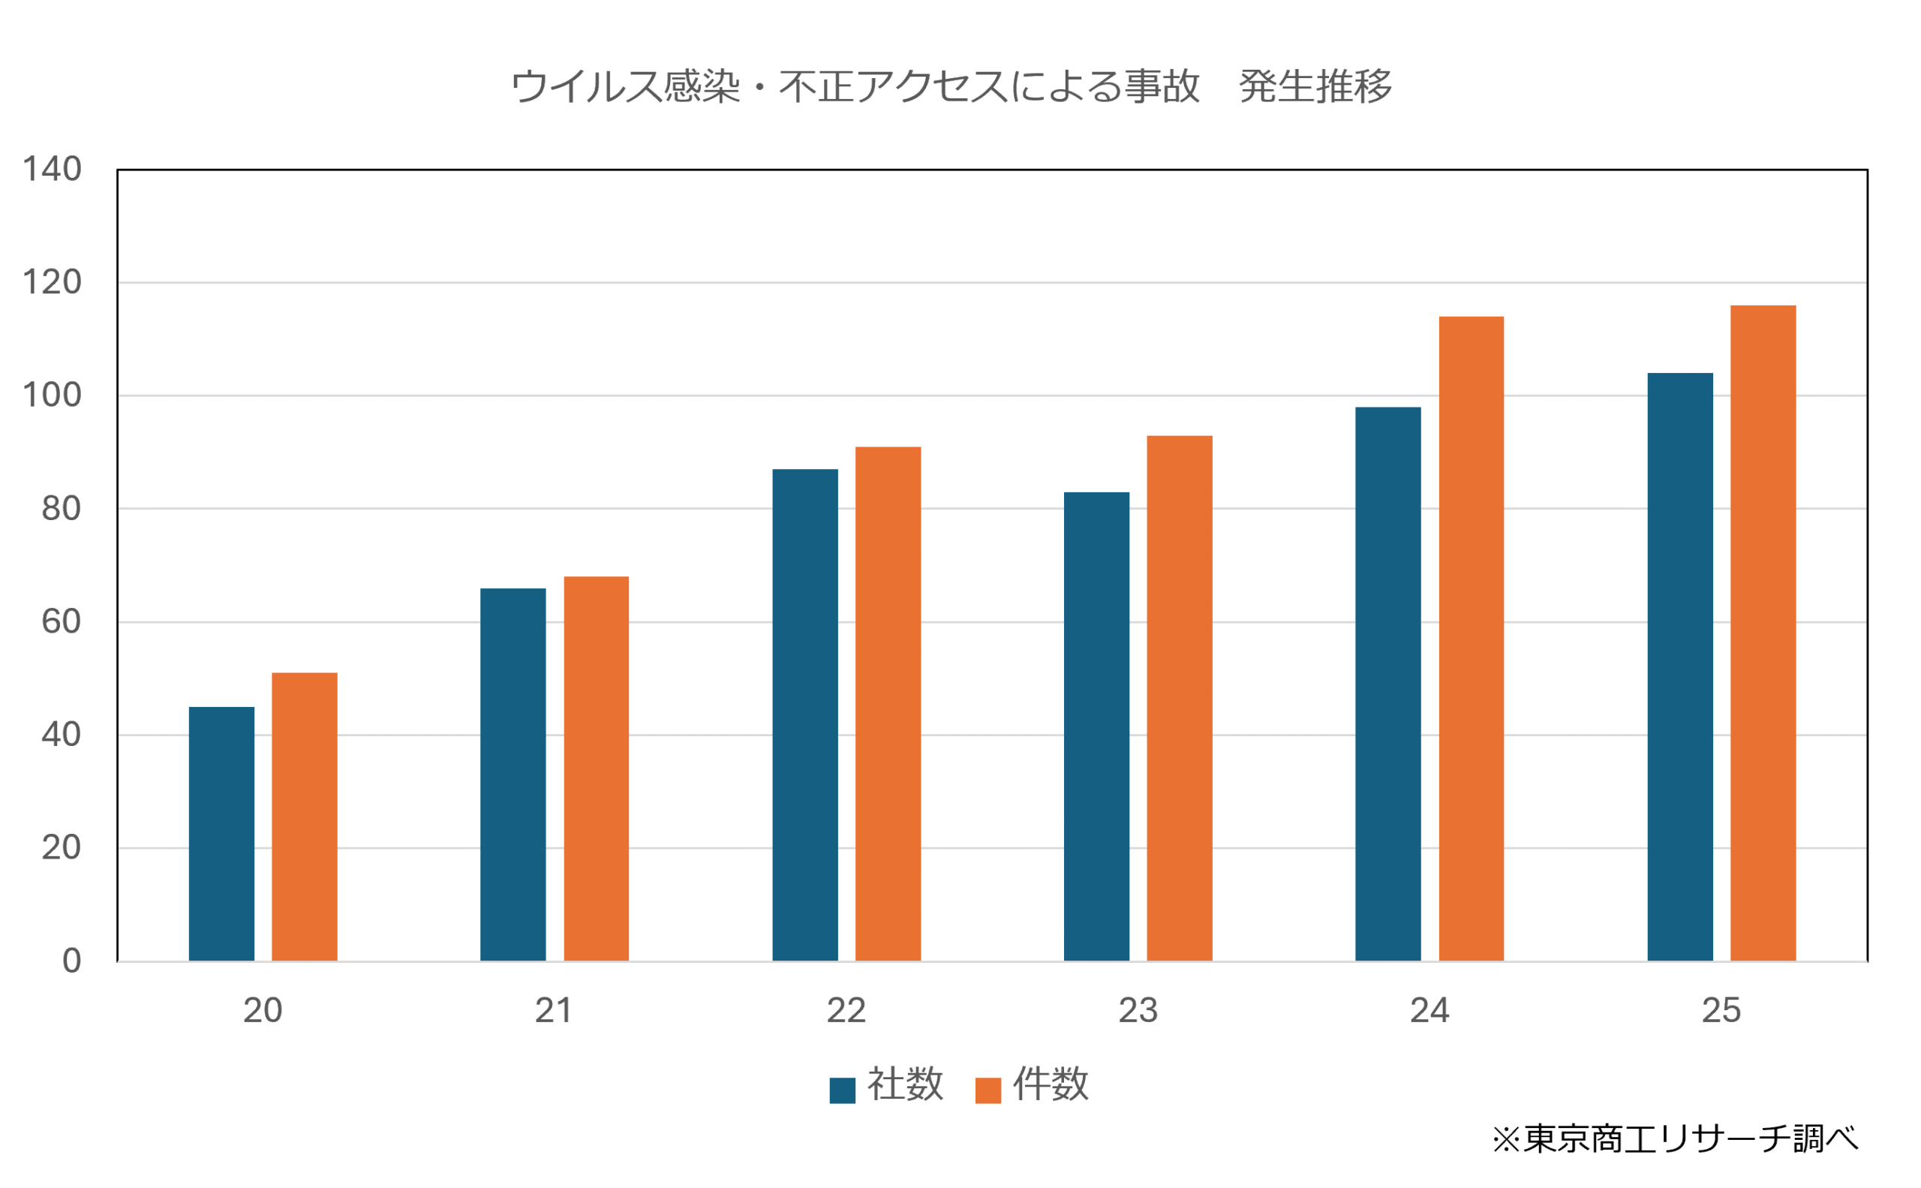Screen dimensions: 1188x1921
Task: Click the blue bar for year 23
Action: (1096, 726)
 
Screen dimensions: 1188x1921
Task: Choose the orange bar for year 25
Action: (1763, 633)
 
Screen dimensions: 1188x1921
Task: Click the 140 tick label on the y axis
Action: (52, 169)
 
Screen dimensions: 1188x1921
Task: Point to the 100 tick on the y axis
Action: (52, 395)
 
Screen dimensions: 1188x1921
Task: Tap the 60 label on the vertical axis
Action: (61, 621)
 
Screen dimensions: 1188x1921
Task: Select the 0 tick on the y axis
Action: (71, 961)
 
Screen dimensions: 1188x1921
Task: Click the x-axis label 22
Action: (846, 1010)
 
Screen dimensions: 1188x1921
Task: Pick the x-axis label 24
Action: (1429, 1010)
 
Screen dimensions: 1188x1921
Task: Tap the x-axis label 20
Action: (263, 1010)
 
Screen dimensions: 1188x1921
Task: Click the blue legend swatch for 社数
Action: (842, 1090)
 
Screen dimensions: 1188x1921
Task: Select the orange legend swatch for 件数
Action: (988, 1090)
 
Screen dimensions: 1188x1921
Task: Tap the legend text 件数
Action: (1051, 1085)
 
